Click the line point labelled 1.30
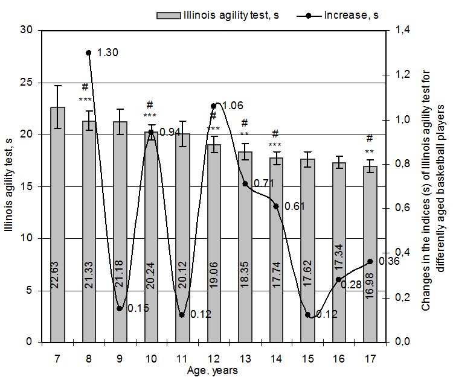89,52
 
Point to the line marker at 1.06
214,106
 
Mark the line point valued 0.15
120,308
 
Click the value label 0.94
170,132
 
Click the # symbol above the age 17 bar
370,138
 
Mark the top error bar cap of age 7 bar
58,86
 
